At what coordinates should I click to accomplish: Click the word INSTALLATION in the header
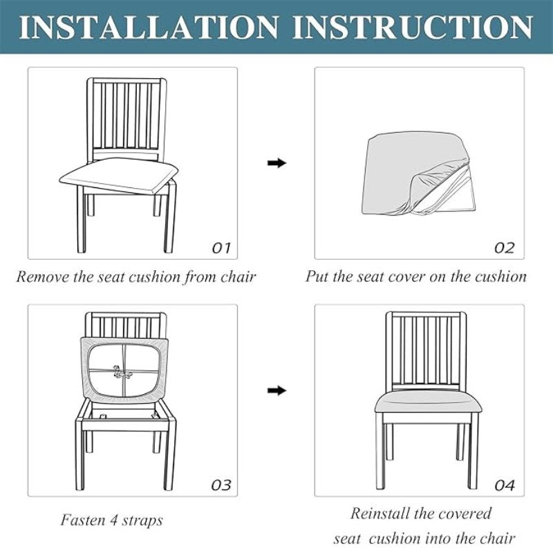(149, 27)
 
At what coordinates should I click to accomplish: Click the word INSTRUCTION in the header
(412, 27)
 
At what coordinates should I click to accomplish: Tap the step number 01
(221, 248)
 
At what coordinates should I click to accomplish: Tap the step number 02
(505, 248)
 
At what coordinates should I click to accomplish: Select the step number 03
(221, 485)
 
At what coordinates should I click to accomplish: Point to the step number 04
(505, 485)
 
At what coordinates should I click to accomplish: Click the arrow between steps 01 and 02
(277, 163)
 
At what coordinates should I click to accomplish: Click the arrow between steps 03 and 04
(277, 391)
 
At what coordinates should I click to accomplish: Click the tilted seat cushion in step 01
(119, 176)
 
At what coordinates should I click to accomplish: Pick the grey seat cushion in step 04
(428, 402)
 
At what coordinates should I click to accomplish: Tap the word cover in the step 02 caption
(404, 276)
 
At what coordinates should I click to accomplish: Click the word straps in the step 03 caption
(142, 521)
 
